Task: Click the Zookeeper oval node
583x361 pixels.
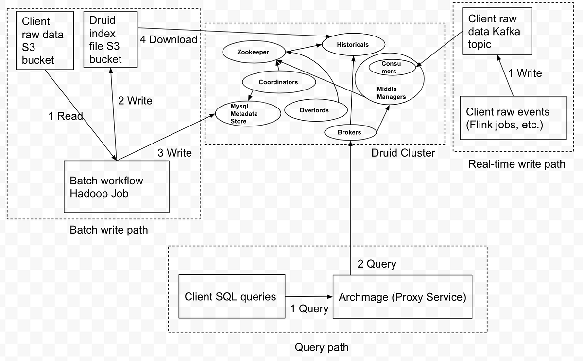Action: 246,52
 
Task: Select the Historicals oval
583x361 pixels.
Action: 352,45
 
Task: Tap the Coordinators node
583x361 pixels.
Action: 277,82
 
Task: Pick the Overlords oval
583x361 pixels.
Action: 313,110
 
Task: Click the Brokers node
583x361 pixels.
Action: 350,132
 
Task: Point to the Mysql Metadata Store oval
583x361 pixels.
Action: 248,114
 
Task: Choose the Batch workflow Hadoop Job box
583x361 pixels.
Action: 117,187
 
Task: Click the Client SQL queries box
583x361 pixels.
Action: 232,296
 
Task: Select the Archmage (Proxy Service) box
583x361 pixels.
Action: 402,297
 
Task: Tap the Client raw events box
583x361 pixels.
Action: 513,118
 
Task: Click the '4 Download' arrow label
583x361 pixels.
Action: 168,39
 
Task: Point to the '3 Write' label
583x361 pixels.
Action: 175,153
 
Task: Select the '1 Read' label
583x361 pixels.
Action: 66,116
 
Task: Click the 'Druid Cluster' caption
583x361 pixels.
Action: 403,153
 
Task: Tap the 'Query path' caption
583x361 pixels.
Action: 322,347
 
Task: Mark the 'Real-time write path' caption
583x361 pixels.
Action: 516,164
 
